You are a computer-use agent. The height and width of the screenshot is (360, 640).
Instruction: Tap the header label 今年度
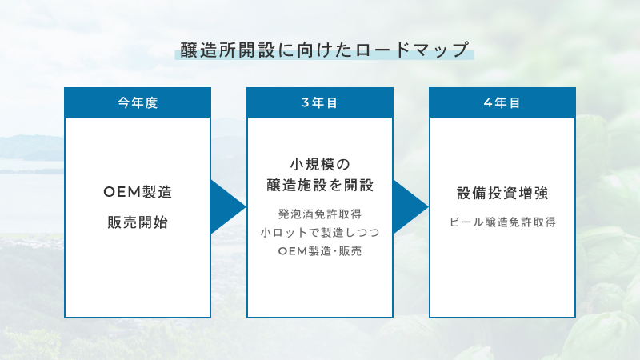pos(137,103)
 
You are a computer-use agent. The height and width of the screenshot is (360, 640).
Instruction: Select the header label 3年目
pos(319,103)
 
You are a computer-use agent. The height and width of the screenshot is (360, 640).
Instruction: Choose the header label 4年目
pos(502,103)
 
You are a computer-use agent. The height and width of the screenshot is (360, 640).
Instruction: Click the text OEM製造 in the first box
pos(138,193)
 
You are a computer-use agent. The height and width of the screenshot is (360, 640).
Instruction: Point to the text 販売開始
pos(138,222)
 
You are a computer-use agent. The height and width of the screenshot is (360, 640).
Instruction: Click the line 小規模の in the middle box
pos(319,165)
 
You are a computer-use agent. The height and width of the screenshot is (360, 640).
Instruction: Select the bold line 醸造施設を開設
pos(319,186)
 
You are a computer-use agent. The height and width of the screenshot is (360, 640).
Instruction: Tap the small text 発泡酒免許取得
pos(319,214)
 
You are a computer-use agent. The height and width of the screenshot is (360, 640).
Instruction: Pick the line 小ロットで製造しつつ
pos(319,232)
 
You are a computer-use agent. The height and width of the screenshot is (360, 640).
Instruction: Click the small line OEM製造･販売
pos(319,251)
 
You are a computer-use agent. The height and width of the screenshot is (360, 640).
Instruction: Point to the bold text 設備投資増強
pos(502,194)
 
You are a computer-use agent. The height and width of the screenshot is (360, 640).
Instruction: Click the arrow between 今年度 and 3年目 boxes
pos(226,206)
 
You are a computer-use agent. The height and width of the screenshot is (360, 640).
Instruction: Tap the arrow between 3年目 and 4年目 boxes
pos(410,206)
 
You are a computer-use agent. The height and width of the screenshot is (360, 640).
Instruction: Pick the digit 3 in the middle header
pos(305,103)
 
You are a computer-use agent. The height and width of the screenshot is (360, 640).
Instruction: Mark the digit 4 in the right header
pos(488,103)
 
